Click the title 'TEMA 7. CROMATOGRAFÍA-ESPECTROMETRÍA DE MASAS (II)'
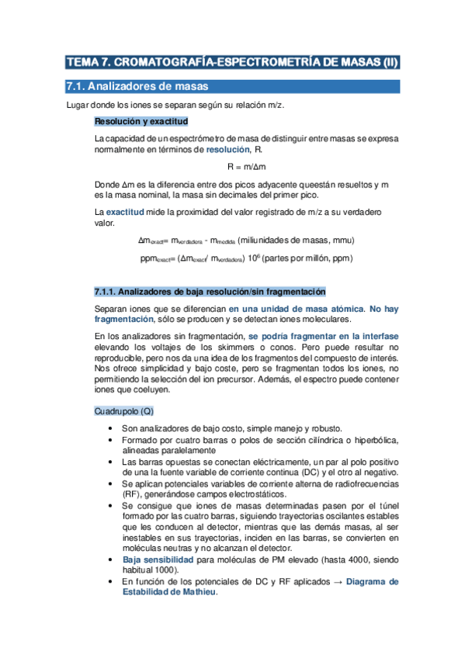pos(232,63)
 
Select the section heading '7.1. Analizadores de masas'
pos(136,86)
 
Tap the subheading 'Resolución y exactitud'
pos(141,122)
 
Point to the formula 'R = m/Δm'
pos(246,167)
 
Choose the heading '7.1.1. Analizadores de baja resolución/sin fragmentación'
pos(203,291)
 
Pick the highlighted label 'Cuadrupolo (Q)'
pos(120,410)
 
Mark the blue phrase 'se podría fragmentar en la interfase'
pos(323,336)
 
